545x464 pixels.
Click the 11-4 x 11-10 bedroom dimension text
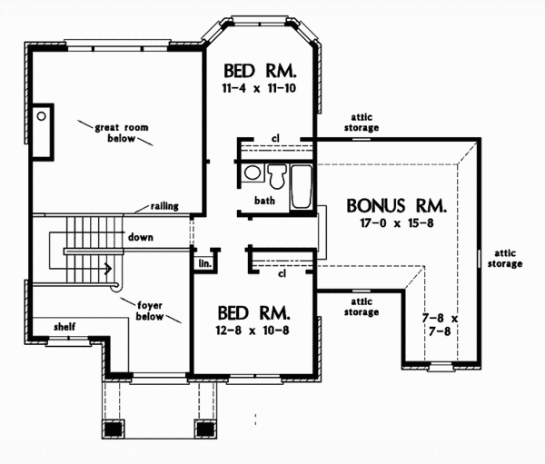coord(262,88)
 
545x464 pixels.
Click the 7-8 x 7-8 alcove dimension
coord(441,325)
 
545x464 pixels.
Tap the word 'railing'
coord(164,206)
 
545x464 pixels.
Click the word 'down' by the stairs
coord(140,237)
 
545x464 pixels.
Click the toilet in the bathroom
coord(276,173)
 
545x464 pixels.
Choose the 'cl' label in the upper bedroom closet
coord(274,139)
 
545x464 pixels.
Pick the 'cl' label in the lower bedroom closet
coord(282,271)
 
